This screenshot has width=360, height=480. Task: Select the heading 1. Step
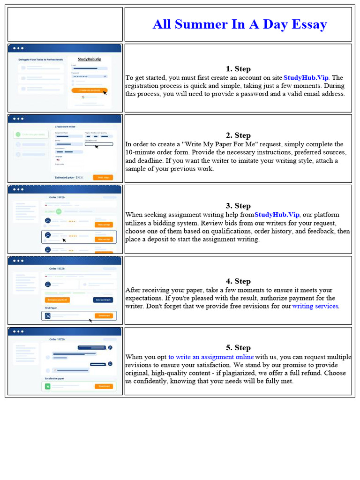pyautogui.click(x=238, y=69)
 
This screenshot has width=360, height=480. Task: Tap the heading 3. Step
pyautogui.click(x=238, y=206)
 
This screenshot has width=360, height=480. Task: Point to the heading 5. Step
pyautogui.click(x=238, y=347)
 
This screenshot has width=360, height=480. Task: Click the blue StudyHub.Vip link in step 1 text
pyautogui.click(x=306, y=78)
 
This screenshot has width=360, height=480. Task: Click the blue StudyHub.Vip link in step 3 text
pyautogui.click(x=277, y=215)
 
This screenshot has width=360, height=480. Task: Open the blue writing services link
pyautogui.click(x=315, y=306)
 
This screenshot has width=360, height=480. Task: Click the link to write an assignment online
pyautogui.click(x=211, y=357)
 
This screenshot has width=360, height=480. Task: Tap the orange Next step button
pyautogui.click(x=103, y=177)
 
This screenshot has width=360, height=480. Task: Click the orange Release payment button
pyautogui.click(x=57, y=300)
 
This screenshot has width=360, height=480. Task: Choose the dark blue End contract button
pyautogui.click(x=103, y=300)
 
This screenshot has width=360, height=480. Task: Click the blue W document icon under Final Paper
pyautogui.click(x=47, y=316)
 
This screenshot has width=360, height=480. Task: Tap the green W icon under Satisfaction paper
pyautogui.click(x=47, y=387)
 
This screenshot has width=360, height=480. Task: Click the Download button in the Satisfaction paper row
pyautogui.click(x=104, y=387)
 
